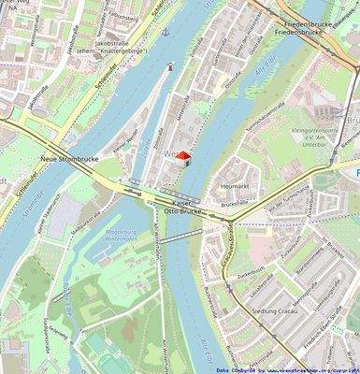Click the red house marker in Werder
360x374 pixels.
tap(183, 158)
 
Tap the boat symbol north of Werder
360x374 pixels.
tap(171, 66)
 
